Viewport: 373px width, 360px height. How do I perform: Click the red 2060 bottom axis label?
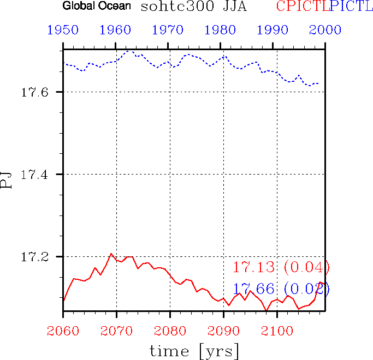coord(63,329)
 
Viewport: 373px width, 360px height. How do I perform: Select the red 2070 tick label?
coord(116,329)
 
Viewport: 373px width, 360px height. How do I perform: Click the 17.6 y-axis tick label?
coord(35,92)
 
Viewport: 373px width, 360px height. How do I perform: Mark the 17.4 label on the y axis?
coord(35,175)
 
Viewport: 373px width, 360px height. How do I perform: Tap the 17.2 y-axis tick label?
coord(35,256)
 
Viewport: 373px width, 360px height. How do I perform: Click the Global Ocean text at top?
coord(97,7)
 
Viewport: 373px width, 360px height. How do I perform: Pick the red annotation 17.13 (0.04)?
coord(281,267)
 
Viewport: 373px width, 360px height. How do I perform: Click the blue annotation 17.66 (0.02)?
coord(281,289)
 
